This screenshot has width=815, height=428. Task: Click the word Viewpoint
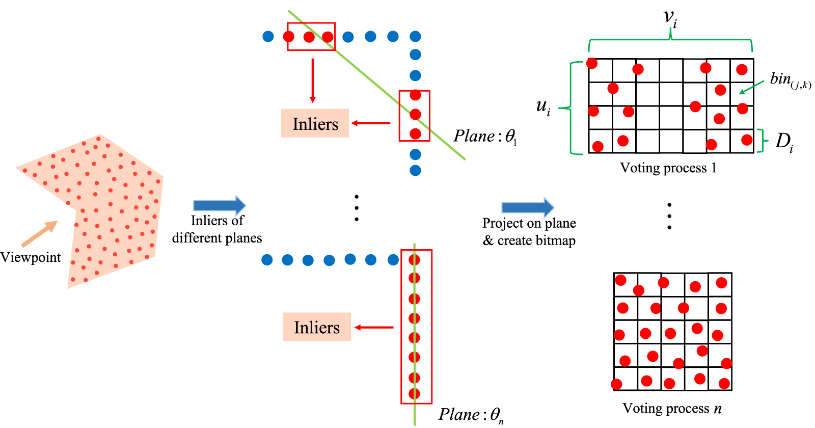coord(31,257)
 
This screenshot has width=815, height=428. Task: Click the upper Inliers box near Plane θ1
coord(315,123)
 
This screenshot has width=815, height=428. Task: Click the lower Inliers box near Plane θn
coord(317,327)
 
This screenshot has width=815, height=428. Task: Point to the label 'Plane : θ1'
coord(485,136)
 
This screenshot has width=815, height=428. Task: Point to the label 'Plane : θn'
coord(471,415)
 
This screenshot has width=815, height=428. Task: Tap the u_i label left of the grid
coord(543,107)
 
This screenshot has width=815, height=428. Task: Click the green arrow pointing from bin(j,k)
coord(751,88)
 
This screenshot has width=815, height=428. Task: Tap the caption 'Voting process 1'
coord(668,168)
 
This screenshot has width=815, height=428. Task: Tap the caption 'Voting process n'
coord(671,409)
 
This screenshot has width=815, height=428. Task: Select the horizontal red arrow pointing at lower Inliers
coord(374,328)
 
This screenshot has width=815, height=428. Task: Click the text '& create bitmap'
coord(529,240)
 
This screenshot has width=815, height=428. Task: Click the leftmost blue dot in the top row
coord(268,37)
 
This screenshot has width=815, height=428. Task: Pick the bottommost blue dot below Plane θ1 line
coord(415,170)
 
